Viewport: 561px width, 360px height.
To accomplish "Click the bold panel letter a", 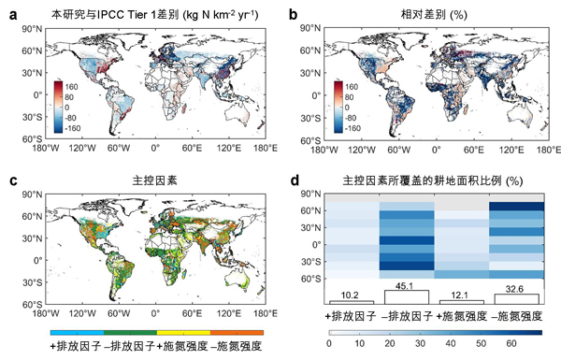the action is click(13, 15).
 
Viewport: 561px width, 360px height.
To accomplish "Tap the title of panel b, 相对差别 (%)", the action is click(434, 15).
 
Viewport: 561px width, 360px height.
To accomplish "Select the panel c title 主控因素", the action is click(154, 180).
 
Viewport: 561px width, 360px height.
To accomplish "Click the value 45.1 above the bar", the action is click(405, 286).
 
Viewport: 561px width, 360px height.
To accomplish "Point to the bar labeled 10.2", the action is click(352, 302).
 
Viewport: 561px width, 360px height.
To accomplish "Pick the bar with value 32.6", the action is click(516, 299).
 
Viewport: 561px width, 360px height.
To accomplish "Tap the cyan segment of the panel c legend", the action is click(78, 333).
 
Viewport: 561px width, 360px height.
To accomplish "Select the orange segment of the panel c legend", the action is click(237, 333).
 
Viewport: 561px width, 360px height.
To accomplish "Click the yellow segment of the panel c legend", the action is click(183, 333).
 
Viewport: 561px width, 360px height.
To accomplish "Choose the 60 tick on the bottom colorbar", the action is click(511, 343).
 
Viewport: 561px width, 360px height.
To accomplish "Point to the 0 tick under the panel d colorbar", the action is click(329, 343).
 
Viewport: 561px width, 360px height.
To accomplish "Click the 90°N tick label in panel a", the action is click(32, 29).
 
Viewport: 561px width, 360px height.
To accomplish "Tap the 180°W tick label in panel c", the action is click(46, 314).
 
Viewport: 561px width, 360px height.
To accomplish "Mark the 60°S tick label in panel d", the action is click(310, 279).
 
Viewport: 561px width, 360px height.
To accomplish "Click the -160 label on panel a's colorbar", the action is click(72, 128).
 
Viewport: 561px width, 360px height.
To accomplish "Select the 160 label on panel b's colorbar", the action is click(352, 87).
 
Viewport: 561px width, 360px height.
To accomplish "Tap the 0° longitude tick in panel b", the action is click(436, 150).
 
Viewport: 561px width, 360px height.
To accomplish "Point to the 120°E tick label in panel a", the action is click(228, 148).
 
